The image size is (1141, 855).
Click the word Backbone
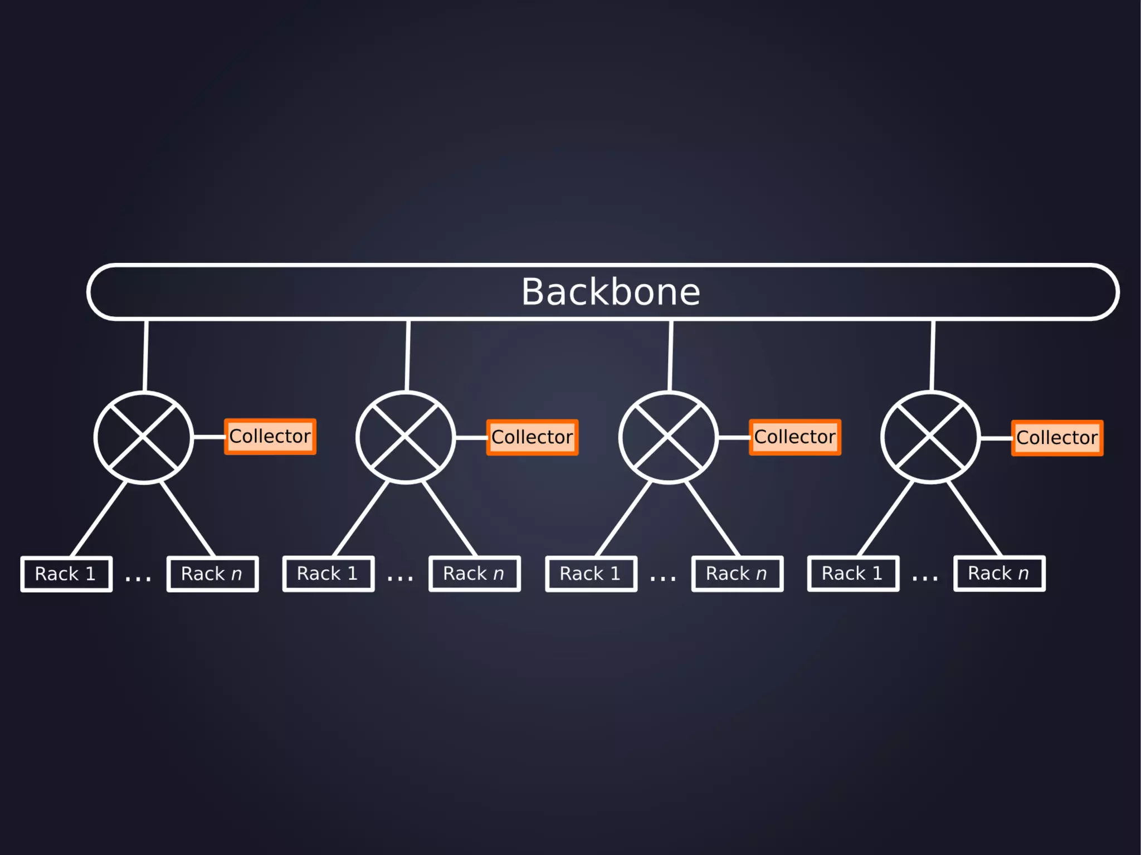[611, 292]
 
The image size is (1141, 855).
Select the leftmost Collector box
[270, 437]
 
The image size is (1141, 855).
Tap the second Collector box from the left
[532, 437]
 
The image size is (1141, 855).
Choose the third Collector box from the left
[795, 437]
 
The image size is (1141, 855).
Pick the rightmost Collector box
[1057, 438]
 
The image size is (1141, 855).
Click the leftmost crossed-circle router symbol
[144, 437]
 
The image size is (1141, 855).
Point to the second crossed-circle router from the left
[406, 437]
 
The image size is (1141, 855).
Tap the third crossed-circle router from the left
[668, 437]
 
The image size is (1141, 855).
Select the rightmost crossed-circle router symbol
[930, 437]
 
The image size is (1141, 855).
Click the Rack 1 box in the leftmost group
[66, 574]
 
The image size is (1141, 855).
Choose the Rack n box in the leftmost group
[212, 574]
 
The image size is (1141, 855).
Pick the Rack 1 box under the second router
[328, 573]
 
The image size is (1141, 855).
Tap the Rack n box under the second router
[474, 573]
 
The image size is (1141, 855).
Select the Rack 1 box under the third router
[591, 573]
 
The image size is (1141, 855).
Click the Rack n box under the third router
[737, 573]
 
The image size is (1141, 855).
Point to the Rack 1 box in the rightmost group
[853, 573]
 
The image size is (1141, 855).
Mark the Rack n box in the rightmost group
[999, 573]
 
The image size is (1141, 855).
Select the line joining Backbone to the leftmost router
[145, 355]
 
